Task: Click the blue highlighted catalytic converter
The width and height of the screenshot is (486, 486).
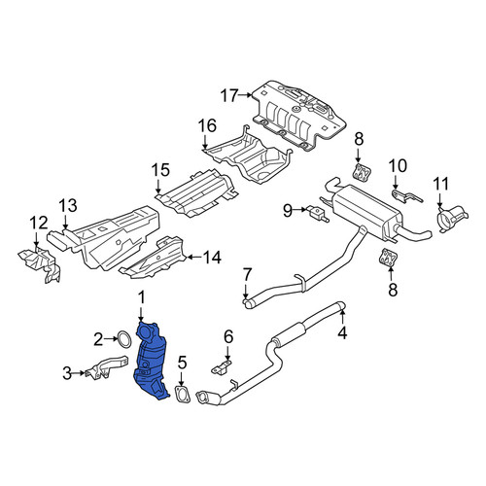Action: (x=150, y=360)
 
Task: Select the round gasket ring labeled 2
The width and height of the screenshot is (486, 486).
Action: (x=123, y=339)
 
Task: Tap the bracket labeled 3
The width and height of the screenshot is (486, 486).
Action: (x=105, y=367)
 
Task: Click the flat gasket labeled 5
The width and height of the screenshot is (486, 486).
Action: (x=183, y=394)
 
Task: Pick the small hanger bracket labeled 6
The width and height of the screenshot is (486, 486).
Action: (x=222, y=367)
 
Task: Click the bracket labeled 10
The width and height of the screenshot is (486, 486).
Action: (x=407, y=196)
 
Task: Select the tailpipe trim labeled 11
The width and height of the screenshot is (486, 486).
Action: (x=452, y=218)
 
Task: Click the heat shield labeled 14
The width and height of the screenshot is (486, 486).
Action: (x=153, y=258)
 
